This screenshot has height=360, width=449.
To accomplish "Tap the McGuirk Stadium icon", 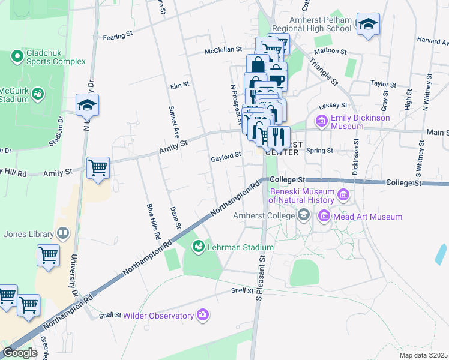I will click(x=38, y=94).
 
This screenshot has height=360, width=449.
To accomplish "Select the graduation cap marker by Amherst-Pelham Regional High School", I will click(x=368, y=25).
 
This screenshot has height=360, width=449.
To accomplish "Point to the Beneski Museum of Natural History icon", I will click(x=343, y=194).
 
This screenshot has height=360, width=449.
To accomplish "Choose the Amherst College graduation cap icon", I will click(x=304, y=215).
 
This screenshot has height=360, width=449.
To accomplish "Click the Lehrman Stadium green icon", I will click(x=197, y=247).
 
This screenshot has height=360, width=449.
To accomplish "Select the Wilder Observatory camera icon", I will click(x=203, y=315).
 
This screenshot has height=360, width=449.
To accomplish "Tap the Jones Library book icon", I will click(x=62, y=233).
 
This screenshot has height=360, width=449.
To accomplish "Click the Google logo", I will click(x=20, y=353).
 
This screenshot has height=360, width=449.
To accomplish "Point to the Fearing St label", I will click(x=117, y=37).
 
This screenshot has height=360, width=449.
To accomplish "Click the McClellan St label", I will click(x=223, y=50).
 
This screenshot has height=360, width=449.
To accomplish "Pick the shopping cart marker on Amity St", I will click(x=98, y=167).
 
